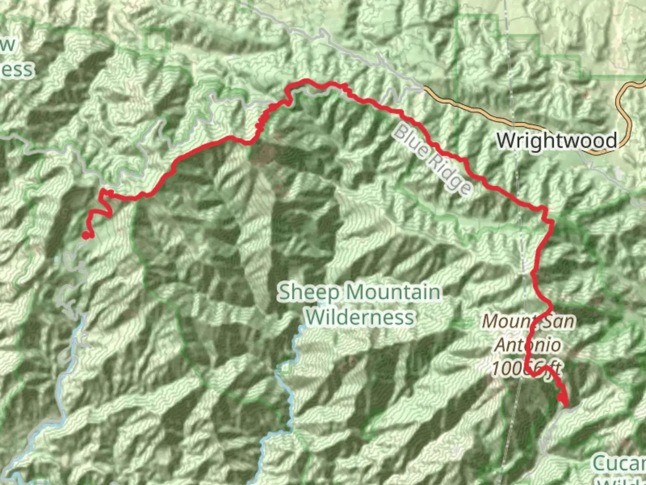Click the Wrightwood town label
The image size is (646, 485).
click(x=557, y=141)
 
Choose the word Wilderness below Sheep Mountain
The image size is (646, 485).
click(x=360, y=317)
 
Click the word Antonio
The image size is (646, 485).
click(x=528, y=345)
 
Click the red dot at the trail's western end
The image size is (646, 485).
click(x=85, y=235)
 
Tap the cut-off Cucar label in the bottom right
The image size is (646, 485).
click(x=619, y=463)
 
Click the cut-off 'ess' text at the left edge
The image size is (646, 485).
click(x=17, y=70)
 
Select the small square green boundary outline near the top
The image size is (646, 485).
click(x=157, y=40)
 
